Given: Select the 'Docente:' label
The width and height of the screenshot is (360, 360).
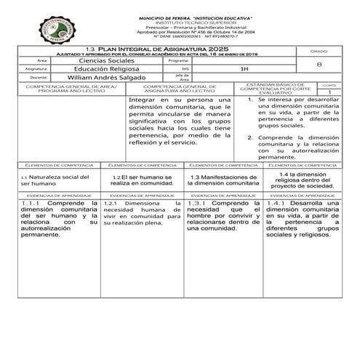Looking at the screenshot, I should pos(39,76).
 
